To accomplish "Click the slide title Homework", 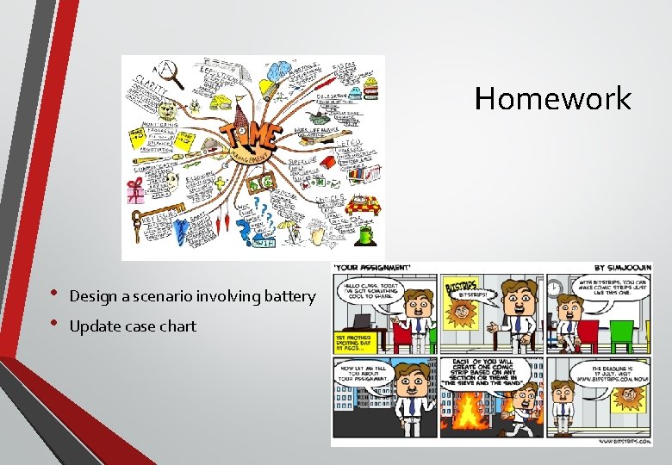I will [552, 98].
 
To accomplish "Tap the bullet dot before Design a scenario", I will [54, 295].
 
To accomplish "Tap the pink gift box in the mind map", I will [136, 192].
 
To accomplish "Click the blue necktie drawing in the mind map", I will [180, 231].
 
